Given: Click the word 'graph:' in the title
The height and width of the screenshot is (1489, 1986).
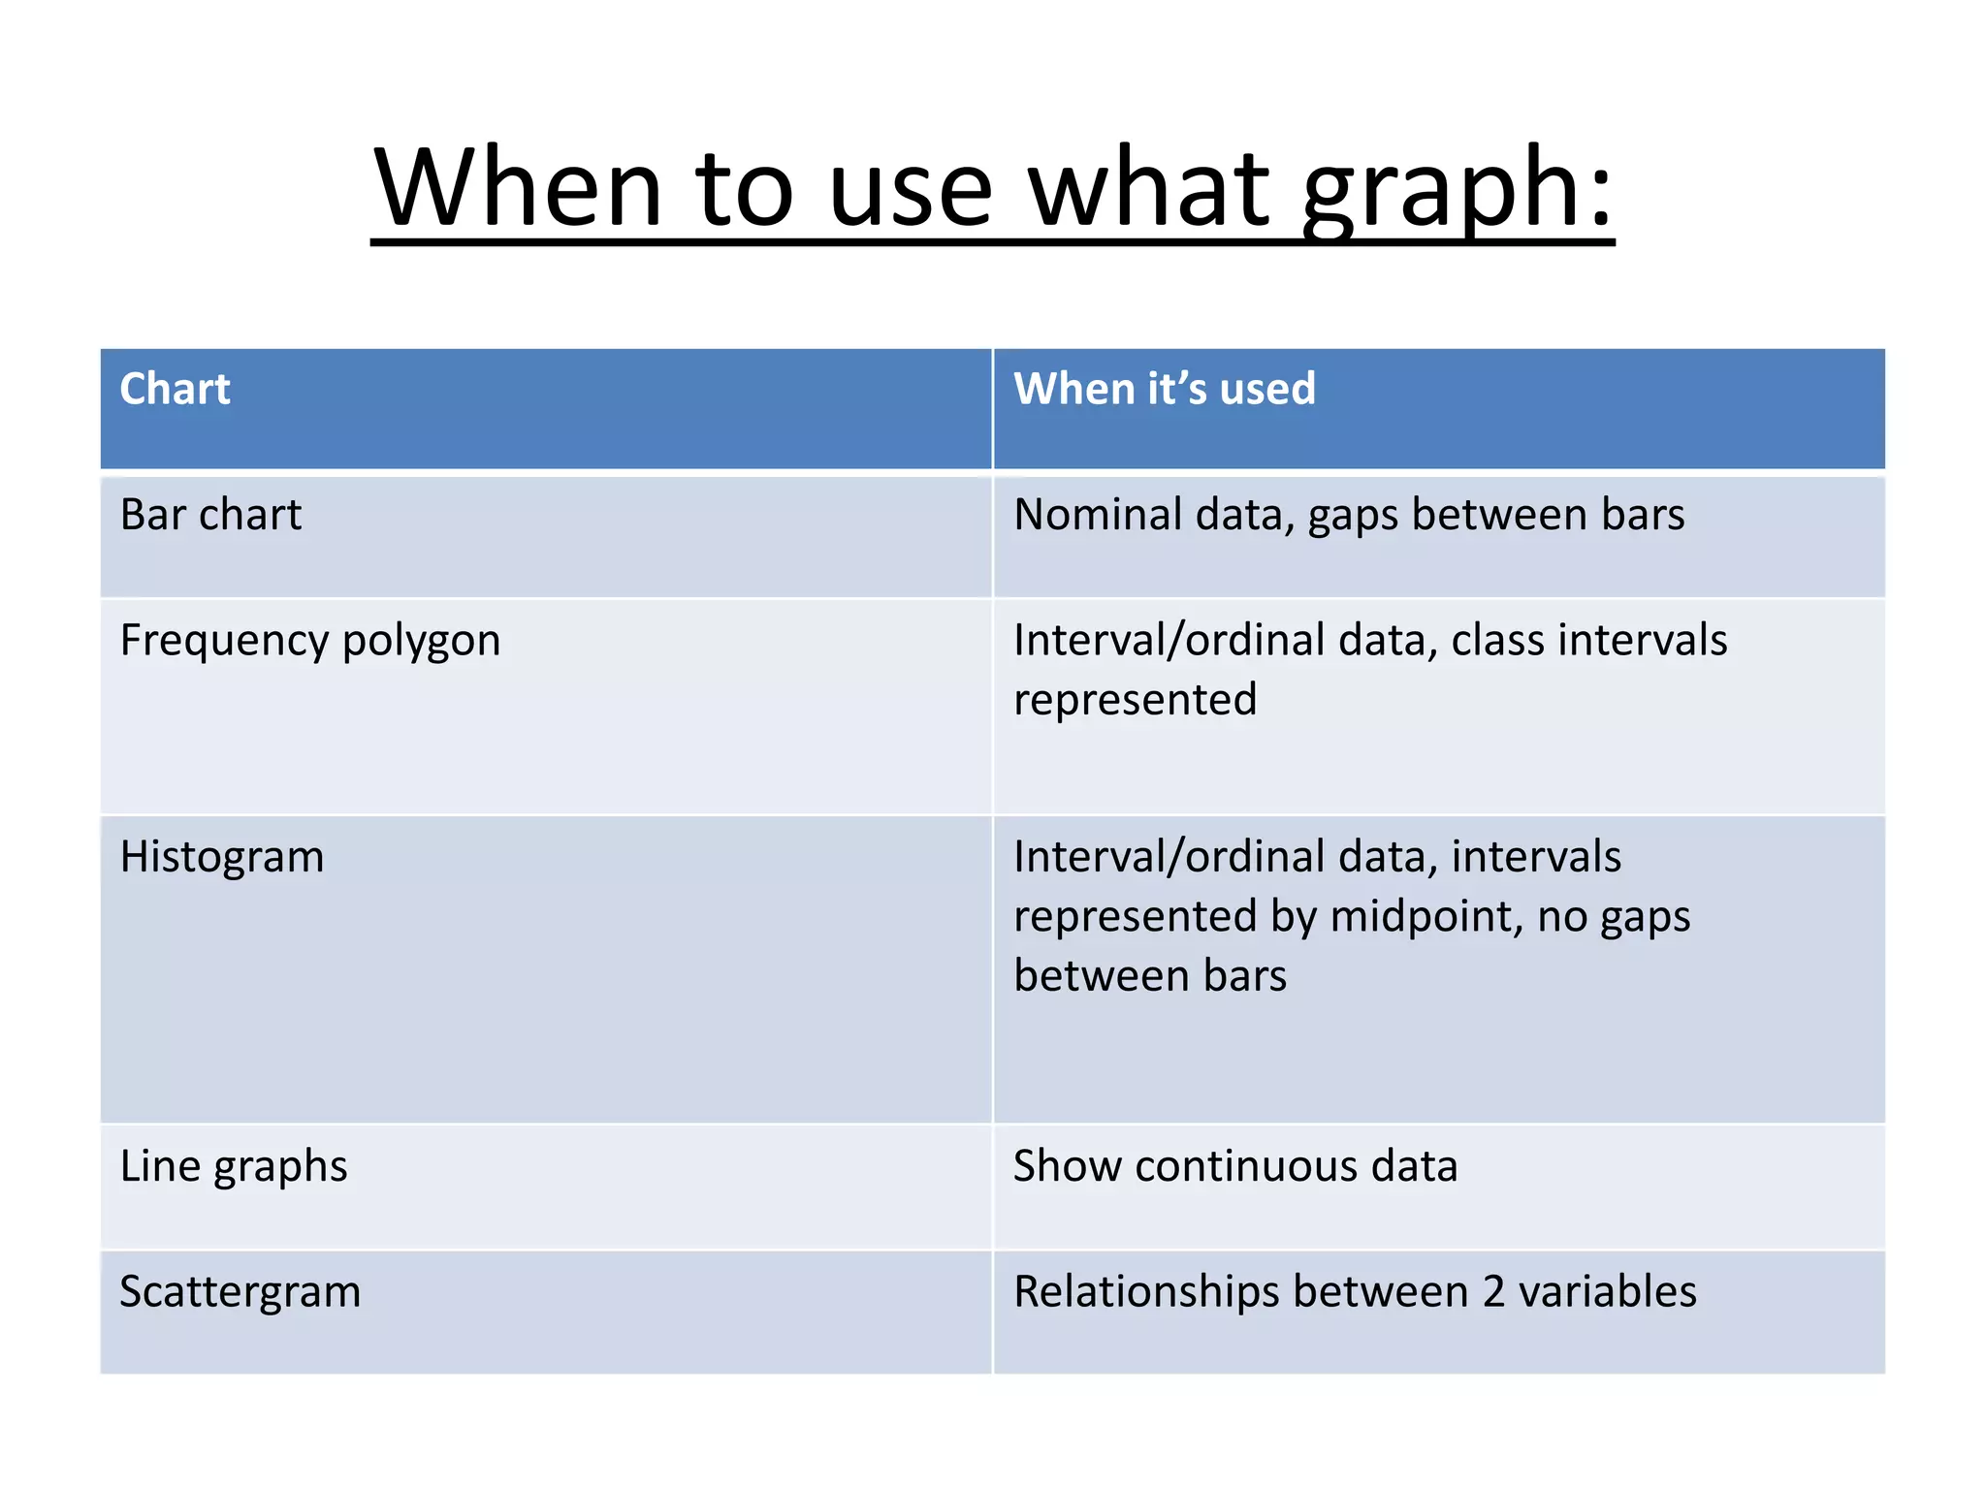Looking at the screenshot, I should click(x=1457, y=189).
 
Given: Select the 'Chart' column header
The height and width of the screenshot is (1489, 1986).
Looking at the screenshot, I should click(x=175, y=389).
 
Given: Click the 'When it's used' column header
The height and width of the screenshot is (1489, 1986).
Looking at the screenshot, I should click(x=1164, y=389).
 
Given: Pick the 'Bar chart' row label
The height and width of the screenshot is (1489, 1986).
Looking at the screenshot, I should click(x=210, y=514).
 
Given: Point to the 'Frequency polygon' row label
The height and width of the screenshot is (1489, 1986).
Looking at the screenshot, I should click(x=309, y=641).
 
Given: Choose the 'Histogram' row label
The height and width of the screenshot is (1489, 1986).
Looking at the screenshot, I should click(x=221, y=857).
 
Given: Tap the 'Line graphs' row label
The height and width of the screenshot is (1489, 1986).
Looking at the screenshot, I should click(x=233, y=1166).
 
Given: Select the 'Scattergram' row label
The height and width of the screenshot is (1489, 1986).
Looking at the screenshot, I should click(x=240, y=1292).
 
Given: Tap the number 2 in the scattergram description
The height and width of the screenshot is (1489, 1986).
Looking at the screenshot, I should click(x=1493, y=1292).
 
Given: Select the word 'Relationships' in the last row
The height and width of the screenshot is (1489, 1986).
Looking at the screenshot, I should click(x=1143, y=1292).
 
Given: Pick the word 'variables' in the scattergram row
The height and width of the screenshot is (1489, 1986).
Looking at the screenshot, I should click(x=1607, y=1292).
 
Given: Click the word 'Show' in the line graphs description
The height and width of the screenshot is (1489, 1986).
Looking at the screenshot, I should click(x=1066, y=1166).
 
